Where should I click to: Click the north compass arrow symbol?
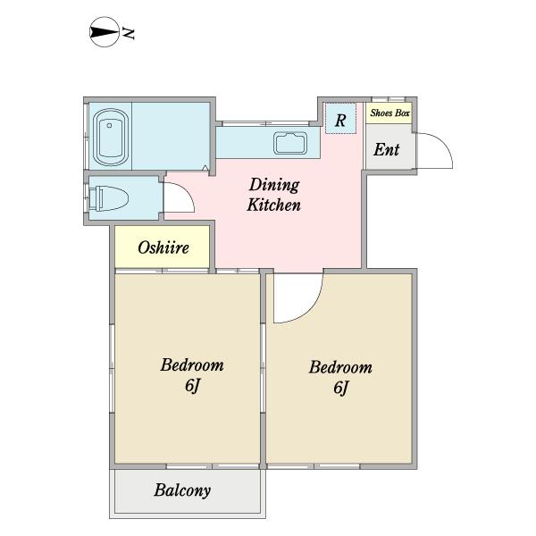[105, 32]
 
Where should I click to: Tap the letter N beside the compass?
[129, 34]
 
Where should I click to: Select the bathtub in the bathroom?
[111, 138]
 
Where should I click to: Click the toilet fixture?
[109, 198]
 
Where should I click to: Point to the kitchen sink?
[290, 143]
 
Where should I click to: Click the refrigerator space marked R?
[340, 118]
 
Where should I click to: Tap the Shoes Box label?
[389, 113]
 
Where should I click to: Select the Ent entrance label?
[386, 149]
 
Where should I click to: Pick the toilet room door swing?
[187, 191]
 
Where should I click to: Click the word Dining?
[274, 186]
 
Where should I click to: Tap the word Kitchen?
[274, 205]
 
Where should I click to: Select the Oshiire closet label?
[163, 247]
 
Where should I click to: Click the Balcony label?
[182, 490]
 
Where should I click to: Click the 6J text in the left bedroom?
[192, 386]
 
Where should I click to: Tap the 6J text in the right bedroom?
[341, 388]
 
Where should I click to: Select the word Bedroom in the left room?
[192, 364]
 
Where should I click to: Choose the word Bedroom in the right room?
[341, 367]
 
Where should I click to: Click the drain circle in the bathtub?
[109, 125]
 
